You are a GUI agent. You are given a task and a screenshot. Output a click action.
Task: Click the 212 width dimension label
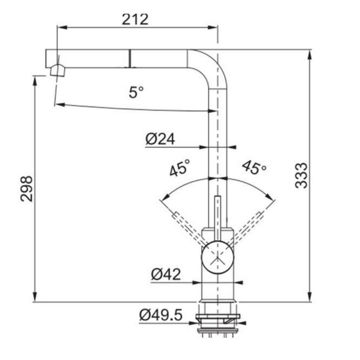click(135, 19)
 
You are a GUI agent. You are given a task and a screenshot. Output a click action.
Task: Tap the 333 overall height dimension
click(301, 175)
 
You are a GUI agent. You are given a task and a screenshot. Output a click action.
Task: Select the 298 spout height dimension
click(26, 189)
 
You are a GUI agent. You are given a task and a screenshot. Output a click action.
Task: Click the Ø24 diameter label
click(160, 139)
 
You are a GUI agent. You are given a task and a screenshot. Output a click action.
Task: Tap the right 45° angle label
click(254, 168)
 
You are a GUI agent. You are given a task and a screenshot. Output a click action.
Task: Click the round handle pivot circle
click(217, 257)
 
